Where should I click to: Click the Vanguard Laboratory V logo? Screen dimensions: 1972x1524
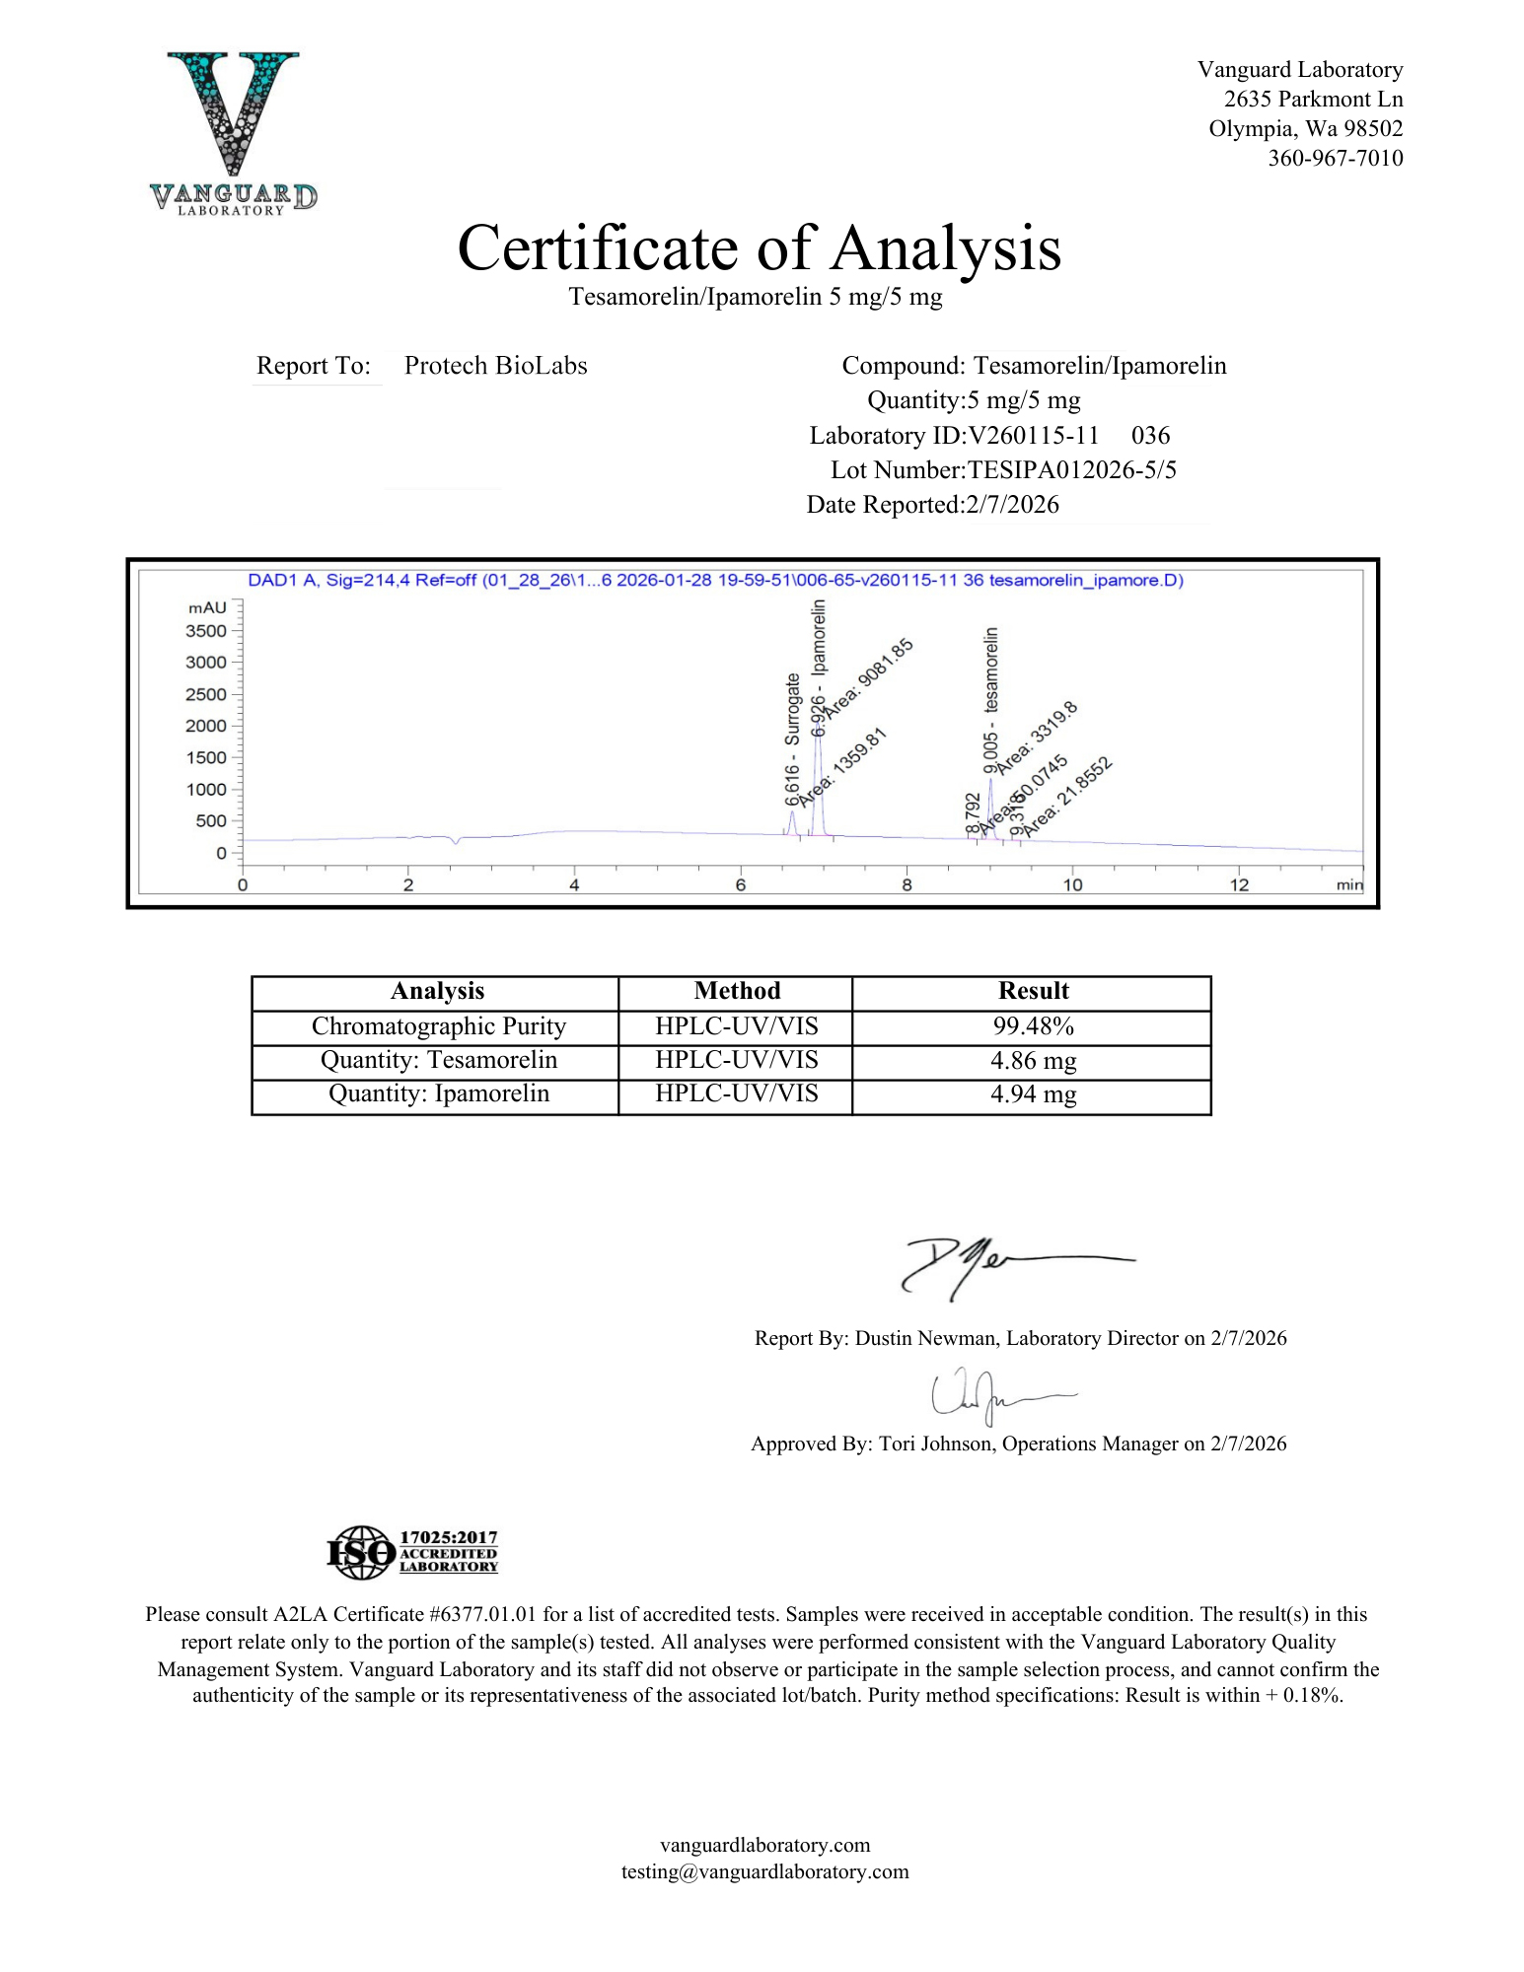(233, 131)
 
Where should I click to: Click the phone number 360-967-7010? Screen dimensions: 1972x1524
(1335, 158)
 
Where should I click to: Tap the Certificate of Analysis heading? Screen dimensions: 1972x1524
(759, 247)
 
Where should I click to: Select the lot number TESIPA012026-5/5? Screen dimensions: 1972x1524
(1072, 469)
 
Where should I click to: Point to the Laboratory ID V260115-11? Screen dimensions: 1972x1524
(1034, 436)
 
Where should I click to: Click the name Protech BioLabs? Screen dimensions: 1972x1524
(495, 366)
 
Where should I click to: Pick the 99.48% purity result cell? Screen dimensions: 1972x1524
(1032, 1026)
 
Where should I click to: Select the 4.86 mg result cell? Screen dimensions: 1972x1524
(1032, 1061)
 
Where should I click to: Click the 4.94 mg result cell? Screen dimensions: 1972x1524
(1032, 1094)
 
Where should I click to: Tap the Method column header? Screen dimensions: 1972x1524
(736, 991)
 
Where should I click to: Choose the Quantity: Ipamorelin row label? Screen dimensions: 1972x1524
(438, 1093)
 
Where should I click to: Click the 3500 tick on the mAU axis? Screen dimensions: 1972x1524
(206, 631)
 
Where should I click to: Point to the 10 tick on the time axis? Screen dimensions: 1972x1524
(1072, 884)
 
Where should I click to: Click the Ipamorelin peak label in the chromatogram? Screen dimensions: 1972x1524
(818, 641)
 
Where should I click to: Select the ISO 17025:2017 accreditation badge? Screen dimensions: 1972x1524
(412, 1552)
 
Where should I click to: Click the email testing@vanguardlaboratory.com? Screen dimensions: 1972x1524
(764, 1871)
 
